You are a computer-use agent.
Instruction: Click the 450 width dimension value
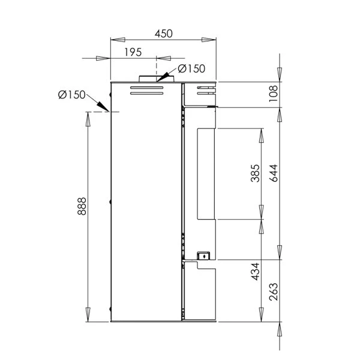click(163, 34)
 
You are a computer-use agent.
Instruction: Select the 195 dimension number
click(133, 52)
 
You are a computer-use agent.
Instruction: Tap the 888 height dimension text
click(82, 206)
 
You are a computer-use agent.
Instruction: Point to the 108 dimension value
click(273, 94)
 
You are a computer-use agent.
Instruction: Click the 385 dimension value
click(255, 173)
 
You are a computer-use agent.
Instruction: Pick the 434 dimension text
click(255, 272)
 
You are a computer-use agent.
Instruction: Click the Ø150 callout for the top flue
click(191, 68)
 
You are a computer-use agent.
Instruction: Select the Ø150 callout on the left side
click(71, 95)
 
